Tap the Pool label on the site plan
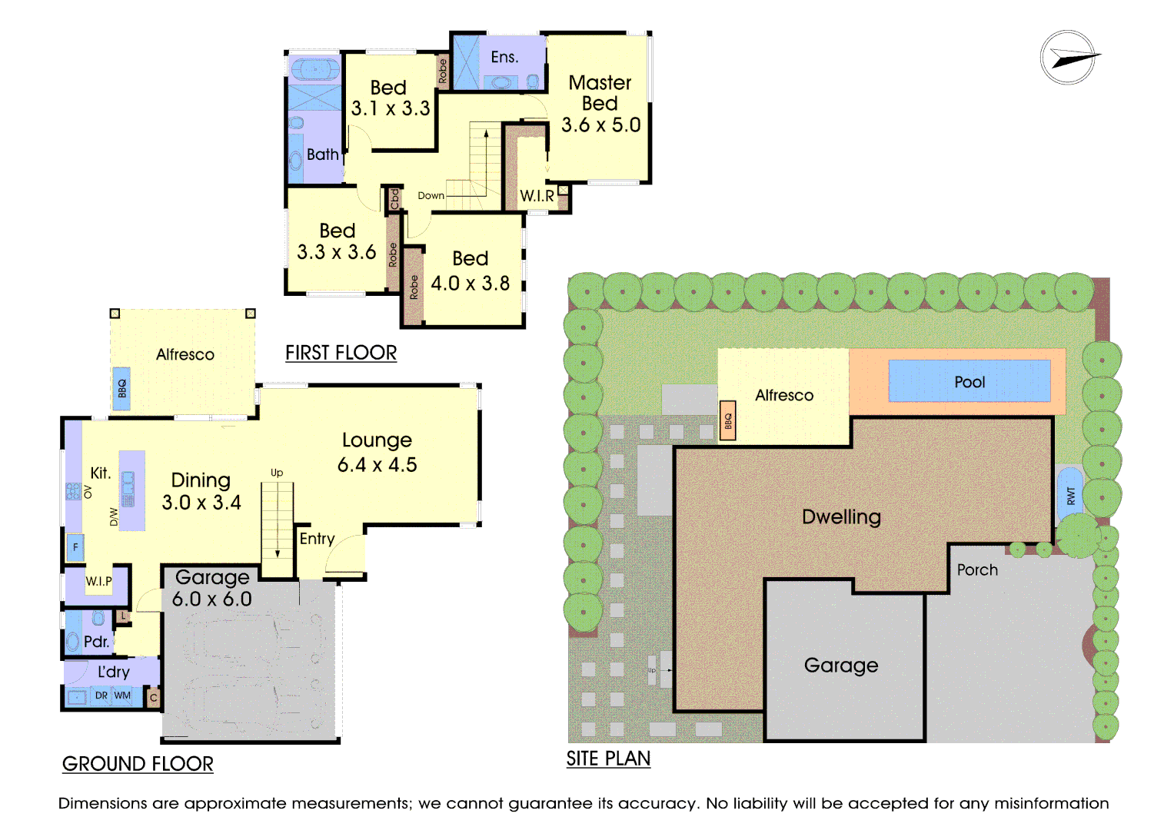(969, 382)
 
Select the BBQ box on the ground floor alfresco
(121, 388)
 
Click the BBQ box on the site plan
(727, 420)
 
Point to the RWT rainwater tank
(1070, 495)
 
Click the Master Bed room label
(600, 93)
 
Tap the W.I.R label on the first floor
(537, 196)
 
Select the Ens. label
(504, 57)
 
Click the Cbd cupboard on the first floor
(394, 199)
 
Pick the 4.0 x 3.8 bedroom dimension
(470, 284)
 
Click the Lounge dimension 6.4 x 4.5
(377, 465)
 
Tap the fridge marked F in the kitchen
(75, 547)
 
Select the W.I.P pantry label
(98, 581)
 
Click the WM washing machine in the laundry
(122, 696)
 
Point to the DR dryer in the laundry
(101, 696)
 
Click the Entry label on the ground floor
(317, 539)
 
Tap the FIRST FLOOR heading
(341, 354)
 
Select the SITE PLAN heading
(608, 759)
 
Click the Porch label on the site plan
(977, 570)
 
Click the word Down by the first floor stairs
(431, 195)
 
